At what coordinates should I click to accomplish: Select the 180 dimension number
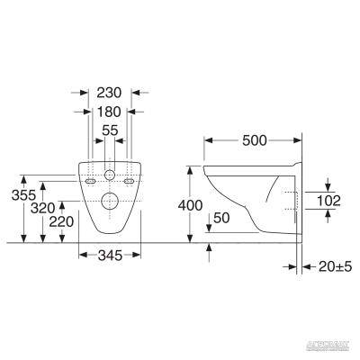coord(108,112)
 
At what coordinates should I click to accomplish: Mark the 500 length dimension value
coord(255,141)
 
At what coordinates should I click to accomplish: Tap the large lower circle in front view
coord(108,201)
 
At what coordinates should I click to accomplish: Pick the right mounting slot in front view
coord(128,180)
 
